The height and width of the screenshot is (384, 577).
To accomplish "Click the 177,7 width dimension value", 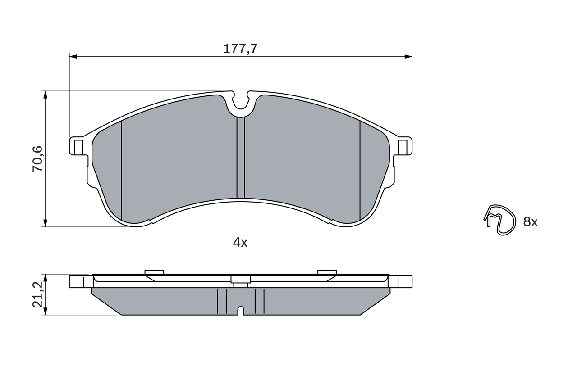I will pyautogui.click(x=240, y=49).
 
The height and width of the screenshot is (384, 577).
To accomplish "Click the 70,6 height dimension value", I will pyautogui.click(x=37, y=158).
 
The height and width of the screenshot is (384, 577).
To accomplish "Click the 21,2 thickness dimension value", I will pyautogui.click(x=37, y=294).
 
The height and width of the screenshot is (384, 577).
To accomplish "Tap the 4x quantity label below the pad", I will pyautogui.click(x=240, y=243).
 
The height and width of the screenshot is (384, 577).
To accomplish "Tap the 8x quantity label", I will pyautogui.click(x=531, y=222).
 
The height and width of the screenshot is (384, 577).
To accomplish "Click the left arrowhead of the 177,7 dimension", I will pyautogui.click(x=73, y=56).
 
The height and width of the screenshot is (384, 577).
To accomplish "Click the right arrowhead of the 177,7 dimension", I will pyautogui.click(x=408, y=56).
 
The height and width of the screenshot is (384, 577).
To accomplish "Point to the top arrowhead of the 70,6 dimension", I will pyautogui.click(x=45, y=95).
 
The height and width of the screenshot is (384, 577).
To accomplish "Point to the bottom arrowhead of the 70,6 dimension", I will pyautogui.click(x=45, y=223).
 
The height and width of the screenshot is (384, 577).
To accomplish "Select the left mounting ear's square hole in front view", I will pyautogui.click(x=78, y=146).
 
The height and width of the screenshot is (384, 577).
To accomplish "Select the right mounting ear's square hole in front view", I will pyautogui.click(x=403, y=146).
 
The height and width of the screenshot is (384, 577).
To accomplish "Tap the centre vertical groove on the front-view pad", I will pyautogui.click(x=241, y=158).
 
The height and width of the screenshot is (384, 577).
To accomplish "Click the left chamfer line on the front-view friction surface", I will pyautogui.click(x=122, y=171).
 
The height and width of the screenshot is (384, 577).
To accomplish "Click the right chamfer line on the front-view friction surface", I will pyautogui.click(x=360, y=171).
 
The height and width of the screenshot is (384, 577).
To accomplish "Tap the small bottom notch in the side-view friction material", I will pyautogui.click(x=241, y=311).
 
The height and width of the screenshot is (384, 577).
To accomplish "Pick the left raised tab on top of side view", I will pyautogui.click(x=154, y=271).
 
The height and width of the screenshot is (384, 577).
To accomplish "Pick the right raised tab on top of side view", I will pyautogui.click(x=327, y=271).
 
